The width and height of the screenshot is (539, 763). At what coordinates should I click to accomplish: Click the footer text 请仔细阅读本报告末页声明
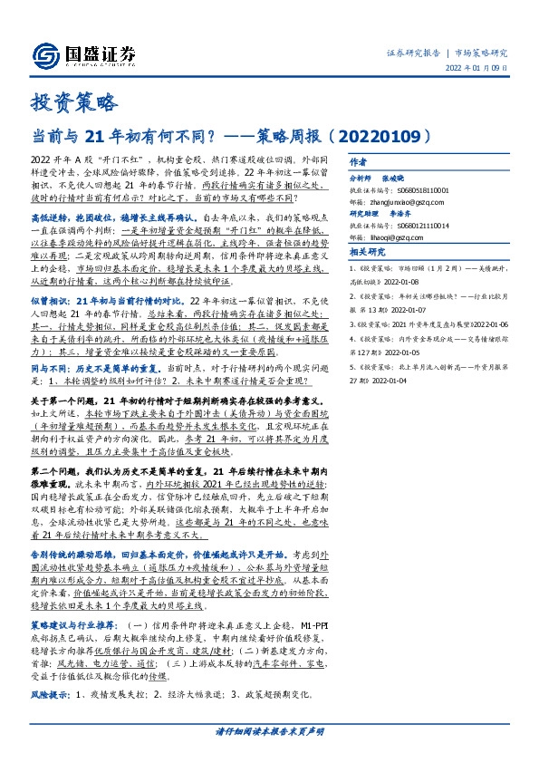pyautogui.click(x=269, y=732)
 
